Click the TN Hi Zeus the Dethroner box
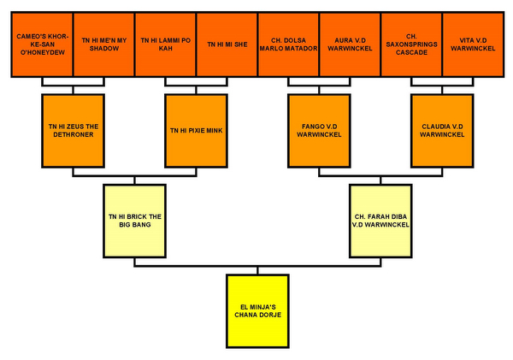pos(74,130)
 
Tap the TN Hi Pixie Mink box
pos(197,130)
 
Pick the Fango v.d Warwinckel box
pos(320,130)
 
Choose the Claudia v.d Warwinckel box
pos(442,130)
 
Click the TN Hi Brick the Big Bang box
pos(135,219)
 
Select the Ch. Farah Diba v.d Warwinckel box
pos(380,219)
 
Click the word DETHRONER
pos(74,134)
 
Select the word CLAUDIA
pos(433,126)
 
